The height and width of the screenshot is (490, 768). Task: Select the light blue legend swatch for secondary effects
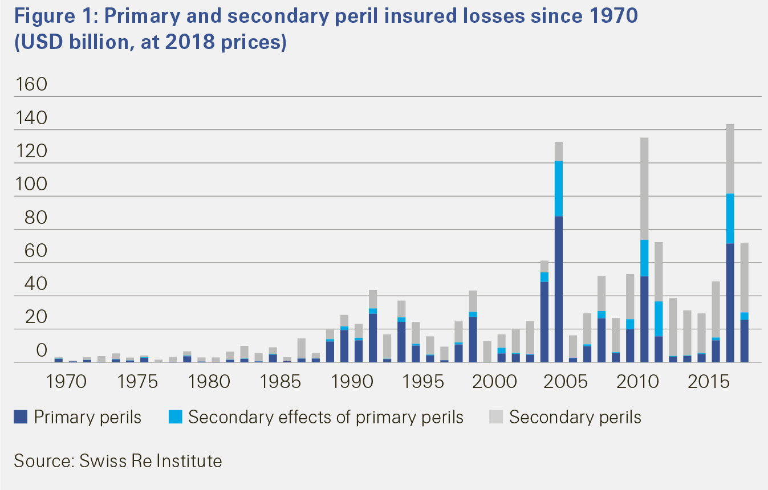[174, 418]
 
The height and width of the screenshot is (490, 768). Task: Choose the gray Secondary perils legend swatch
[495, 418]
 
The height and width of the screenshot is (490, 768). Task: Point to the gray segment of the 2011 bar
[644, 189]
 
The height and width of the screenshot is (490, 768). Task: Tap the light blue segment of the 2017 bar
[730, 219]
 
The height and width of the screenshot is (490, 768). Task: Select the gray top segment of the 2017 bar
[730, 159]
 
